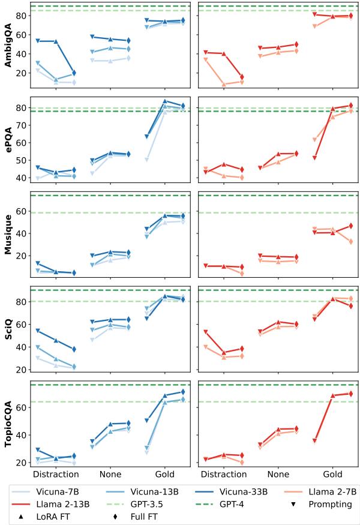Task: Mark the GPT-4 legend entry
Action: (235, 504)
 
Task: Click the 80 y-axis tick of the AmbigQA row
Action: (22, 16)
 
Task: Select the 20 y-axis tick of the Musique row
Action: (22, 256)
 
